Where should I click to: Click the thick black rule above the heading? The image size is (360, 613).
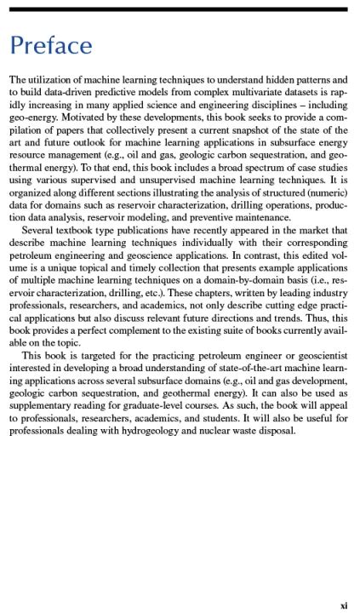pyautogui.click(x=180, y=9)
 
